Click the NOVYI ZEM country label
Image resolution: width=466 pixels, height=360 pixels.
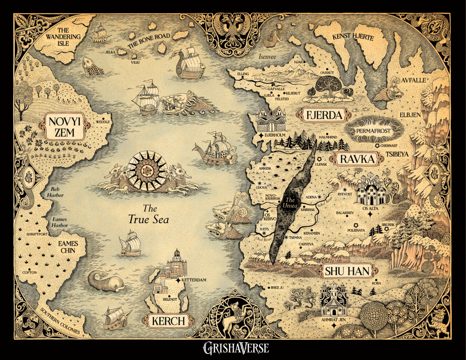[64, 126]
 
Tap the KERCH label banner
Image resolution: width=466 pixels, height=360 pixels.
[168, 321]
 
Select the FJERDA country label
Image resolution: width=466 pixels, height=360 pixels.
[325, 116]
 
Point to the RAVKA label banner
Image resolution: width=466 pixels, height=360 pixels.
[357, 159]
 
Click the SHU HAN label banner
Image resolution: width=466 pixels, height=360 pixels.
[347, 271]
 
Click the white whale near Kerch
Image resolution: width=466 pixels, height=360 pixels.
[106, 282]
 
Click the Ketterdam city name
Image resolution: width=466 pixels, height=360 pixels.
[194, 280]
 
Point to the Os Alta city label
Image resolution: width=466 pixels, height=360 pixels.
[369, 208]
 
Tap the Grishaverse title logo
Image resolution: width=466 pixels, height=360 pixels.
[236, 348]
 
